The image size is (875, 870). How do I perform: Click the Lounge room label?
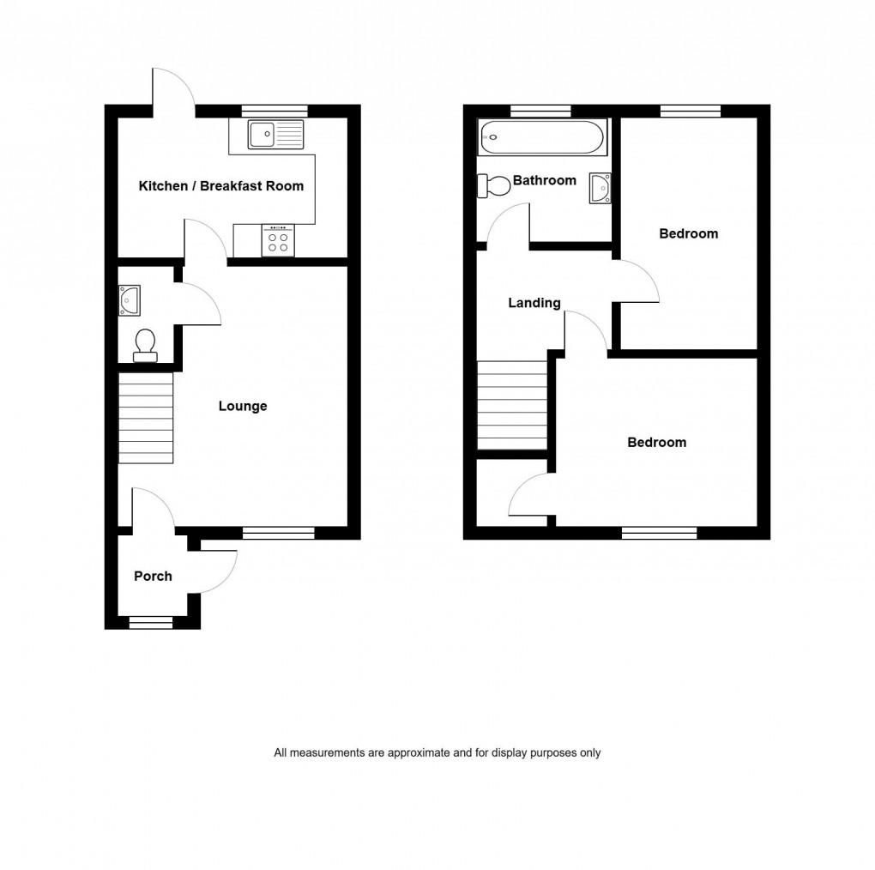[x=243, y=406]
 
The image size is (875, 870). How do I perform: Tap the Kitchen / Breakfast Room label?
[x=221, y=186]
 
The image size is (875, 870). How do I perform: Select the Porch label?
[x=153, y=576]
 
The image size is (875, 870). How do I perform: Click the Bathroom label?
[x=544, y=180]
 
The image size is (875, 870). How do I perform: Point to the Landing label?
[x=534, y=303]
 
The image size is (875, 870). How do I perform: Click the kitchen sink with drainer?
[x=275, y=134]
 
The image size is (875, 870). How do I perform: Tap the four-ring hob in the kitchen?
[x=277, y=239]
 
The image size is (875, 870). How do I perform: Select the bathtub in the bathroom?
[x=542, y=136]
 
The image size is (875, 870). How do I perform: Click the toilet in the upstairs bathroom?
[x=495, y=184]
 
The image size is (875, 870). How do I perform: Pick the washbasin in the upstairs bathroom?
[x=600, y=187]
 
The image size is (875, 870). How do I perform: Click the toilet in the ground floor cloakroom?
[x=145, y=343]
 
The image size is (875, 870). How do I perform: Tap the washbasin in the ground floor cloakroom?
[x=129, y=300]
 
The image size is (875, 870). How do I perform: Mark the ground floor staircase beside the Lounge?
[x=146, y=417]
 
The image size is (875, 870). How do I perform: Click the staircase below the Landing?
[x=512, y=404]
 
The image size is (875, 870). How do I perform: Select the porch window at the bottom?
[x=151, y=624]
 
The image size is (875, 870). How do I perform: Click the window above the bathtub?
[x=540, y=110]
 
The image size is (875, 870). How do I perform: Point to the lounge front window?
[x=279, y=533]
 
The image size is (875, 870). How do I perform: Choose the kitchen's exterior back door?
[x=173, y=89]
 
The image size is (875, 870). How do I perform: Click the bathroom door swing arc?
[x=507, y=222]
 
